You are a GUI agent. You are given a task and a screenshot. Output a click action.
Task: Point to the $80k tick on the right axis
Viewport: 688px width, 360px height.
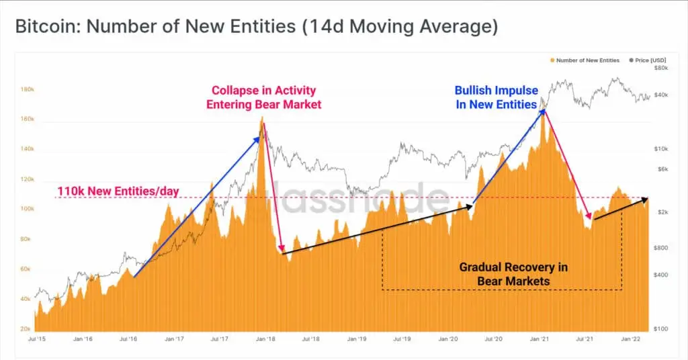point(662,69)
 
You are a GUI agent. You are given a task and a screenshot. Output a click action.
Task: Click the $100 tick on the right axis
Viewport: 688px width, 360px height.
point(662,329)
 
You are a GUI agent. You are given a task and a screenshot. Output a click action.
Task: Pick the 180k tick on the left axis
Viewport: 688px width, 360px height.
point(28,89)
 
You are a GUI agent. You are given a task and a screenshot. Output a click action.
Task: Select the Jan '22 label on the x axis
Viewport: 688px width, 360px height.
point(630,339)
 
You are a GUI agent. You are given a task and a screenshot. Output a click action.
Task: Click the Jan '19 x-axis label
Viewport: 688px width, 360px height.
point(356,339)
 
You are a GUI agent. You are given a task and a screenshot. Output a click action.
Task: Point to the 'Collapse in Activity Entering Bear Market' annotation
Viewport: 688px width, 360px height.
point(263,97)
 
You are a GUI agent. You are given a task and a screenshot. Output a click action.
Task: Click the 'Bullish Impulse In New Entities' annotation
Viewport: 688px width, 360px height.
point(496,97)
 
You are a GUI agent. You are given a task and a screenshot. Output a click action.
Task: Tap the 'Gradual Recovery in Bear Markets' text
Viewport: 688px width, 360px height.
point(513,274)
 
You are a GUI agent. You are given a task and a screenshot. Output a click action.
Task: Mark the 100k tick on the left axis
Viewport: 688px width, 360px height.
point(28,209)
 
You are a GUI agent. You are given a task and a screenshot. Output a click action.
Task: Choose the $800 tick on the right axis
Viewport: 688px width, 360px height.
point(662,248)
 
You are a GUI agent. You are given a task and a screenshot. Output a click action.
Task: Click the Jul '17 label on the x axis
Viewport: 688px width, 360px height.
point(219,339)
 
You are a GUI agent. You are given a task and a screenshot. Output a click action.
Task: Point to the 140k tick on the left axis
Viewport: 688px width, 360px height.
point(28,149)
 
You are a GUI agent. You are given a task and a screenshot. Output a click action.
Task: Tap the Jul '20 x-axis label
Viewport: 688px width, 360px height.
point(493,339)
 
